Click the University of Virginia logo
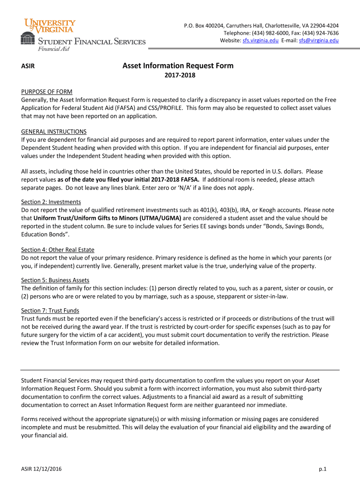click(x=51, y=26)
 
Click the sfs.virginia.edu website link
click(x=260, y=41)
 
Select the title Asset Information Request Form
click(x=178, y=66)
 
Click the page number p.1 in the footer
click(x=322, y=469)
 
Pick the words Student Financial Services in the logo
click(x=91, y=42)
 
